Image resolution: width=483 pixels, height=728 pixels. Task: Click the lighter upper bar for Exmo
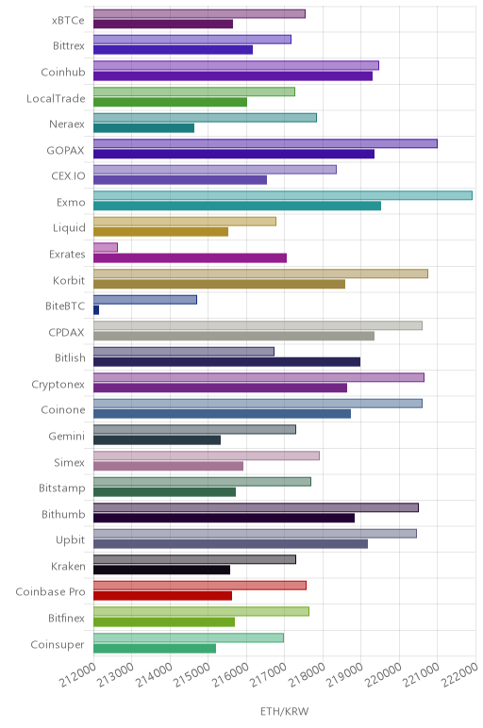(283, 195)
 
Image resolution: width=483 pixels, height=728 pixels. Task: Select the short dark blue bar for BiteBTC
(96, 310)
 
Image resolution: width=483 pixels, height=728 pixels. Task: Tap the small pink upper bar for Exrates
(106, 247)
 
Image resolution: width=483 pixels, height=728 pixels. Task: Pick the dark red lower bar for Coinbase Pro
(162, 596)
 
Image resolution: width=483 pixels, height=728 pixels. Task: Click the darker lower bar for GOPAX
(234, 154)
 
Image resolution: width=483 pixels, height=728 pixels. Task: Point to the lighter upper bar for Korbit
(260, 273)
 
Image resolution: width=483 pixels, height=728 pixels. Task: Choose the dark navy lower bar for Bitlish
(226, 362)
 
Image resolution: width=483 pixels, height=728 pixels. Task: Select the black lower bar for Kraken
(161, 571)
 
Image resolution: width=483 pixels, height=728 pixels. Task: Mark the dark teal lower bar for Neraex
(143, 128)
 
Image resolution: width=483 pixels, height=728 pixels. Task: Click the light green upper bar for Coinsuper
(189, 637)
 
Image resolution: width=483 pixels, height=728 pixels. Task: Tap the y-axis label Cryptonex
(58, 385)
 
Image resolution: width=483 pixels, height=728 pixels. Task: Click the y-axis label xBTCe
(68, 21)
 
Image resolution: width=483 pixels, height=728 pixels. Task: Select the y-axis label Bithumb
(63, 515)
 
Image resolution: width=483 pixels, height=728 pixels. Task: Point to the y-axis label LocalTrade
(57, 98)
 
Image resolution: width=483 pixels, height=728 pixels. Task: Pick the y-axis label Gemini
(67, 437)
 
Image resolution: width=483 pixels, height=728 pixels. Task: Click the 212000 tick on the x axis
(78, 674)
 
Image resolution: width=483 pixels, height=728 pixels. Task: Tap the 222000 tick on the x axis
(459, 674)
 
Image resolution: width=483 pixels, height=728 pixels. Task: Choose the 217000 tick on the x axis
(269, 674)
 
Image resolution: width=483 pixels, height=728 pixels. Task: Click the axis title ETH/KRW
(284, 711)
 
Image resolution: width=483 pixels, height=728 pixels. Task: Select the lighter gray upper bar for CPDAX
(258, 325)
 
